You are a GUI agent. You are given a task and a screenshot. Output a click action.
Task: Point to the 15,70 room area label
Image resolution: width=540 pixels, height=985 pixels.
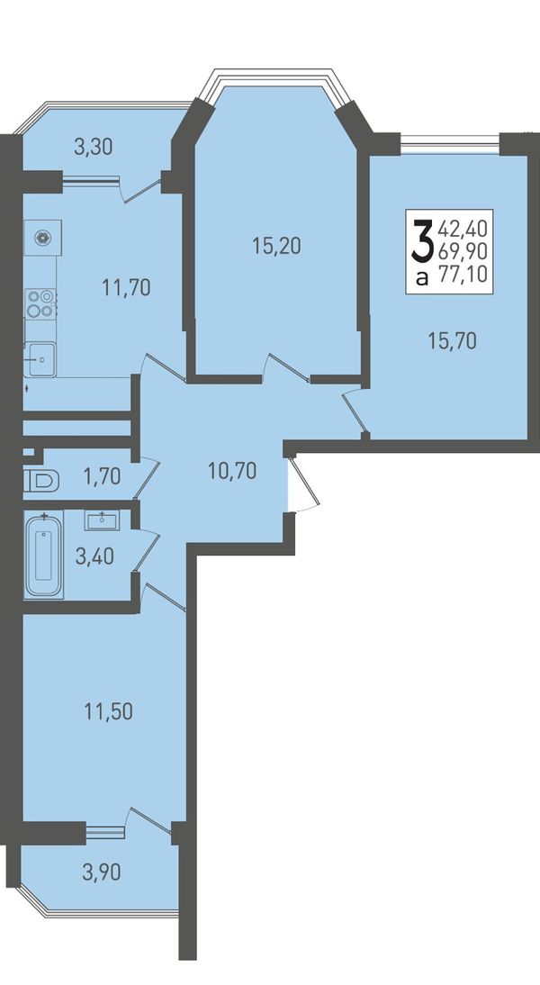(x=452, y=341)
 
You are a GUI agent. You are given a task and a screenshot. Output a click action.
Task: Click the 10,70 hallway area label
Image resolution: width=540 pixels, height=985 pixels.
(x=232, y=470)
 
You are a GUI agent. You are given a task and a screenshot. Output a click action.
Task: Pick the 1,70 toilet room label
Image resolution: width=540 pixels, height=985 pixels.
(x=102, y=476)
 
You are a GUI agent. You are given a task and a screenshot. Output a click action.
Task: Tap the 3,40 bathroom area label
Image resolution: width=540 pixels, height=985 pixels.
(x=94, y=556)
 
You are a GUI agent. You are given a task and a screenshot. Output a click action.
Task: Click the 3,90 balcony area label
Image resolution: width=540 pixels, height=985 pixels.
(x=102, y=872)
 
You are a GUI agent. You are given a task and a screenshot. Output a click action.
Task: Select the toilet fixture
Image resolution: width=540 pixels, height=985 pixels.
(x=41, y=482)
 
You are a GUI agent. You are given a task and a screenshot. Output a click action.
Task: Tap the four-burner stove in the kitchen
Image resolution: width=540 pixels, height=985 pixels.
(x=40, y=303)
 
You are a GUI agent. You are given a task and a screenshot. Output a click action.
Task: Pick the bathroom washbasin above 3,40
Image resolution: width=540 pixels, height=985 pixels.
(x=100, y=520)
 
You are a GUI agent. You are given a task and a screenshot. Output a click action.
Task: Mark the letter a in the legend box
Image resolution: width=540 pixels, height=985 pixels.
(x=423, y=277)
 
